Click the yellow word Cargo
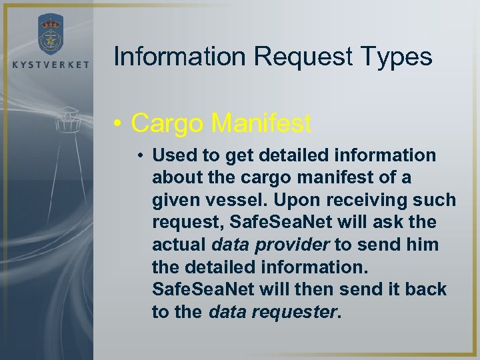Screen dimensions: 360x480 167,122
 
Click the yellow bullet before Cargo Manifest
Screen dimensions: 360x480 117,123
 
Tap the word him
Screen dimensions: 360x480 421,245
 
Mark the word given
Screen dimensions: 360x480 175,200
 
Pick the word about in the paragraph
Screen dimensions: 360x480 176,178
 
